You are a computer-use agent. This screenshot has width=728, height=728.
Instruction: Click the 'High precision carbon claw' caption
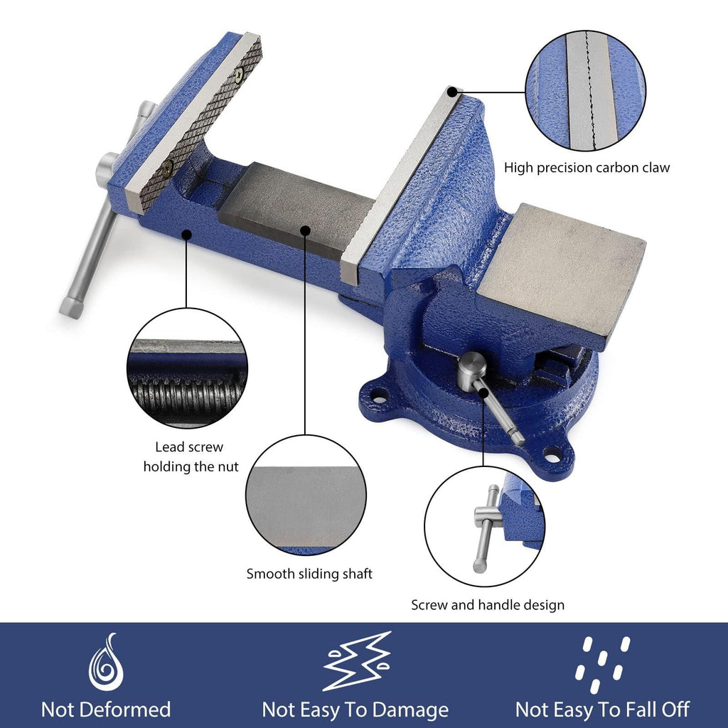(x=587, y=168)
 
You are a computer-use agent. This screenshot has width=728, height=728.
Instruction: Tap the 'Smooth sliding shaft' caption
(x=309, y=574)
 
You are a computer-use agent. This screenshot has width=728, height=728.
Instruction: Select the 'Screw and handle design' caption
(x=488, y=605)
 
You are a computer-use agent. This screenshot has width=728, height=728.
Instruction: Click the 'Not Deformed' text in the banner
(x=106, y=710)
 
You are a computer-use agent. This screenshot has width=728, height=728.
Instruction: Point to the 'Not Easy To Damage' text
(x=355, y=710)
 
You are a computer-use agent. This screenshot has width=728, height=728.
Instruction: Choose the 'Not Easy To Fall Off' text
(x=602, y=710)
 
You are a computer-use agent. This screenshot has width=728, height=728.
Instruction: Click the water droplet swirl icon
(x=107, y=662)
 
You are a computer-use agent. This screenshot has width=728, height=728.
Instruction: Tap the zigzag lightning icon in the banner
(x=357, y=661)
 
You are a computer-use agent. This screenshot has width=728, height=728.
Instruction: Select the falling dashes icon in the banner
(x=602, y=665)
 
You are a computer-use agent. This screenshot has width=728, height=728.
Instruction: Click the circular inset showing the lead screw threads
(x=187, y=368)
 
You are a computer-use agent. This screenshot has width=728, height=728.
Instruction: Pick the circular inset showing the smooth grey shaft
(x=306, y=495)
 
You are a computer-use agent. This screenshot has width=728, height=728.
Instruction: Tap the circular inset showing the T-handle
(x=485, y=526)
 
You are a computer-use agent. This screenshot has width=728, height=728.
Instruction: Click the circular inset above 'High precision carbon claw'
(x=586, y=90)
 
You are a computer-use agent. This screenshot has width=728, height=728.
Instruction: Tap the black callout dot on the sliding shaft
(x=305, y=230)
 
